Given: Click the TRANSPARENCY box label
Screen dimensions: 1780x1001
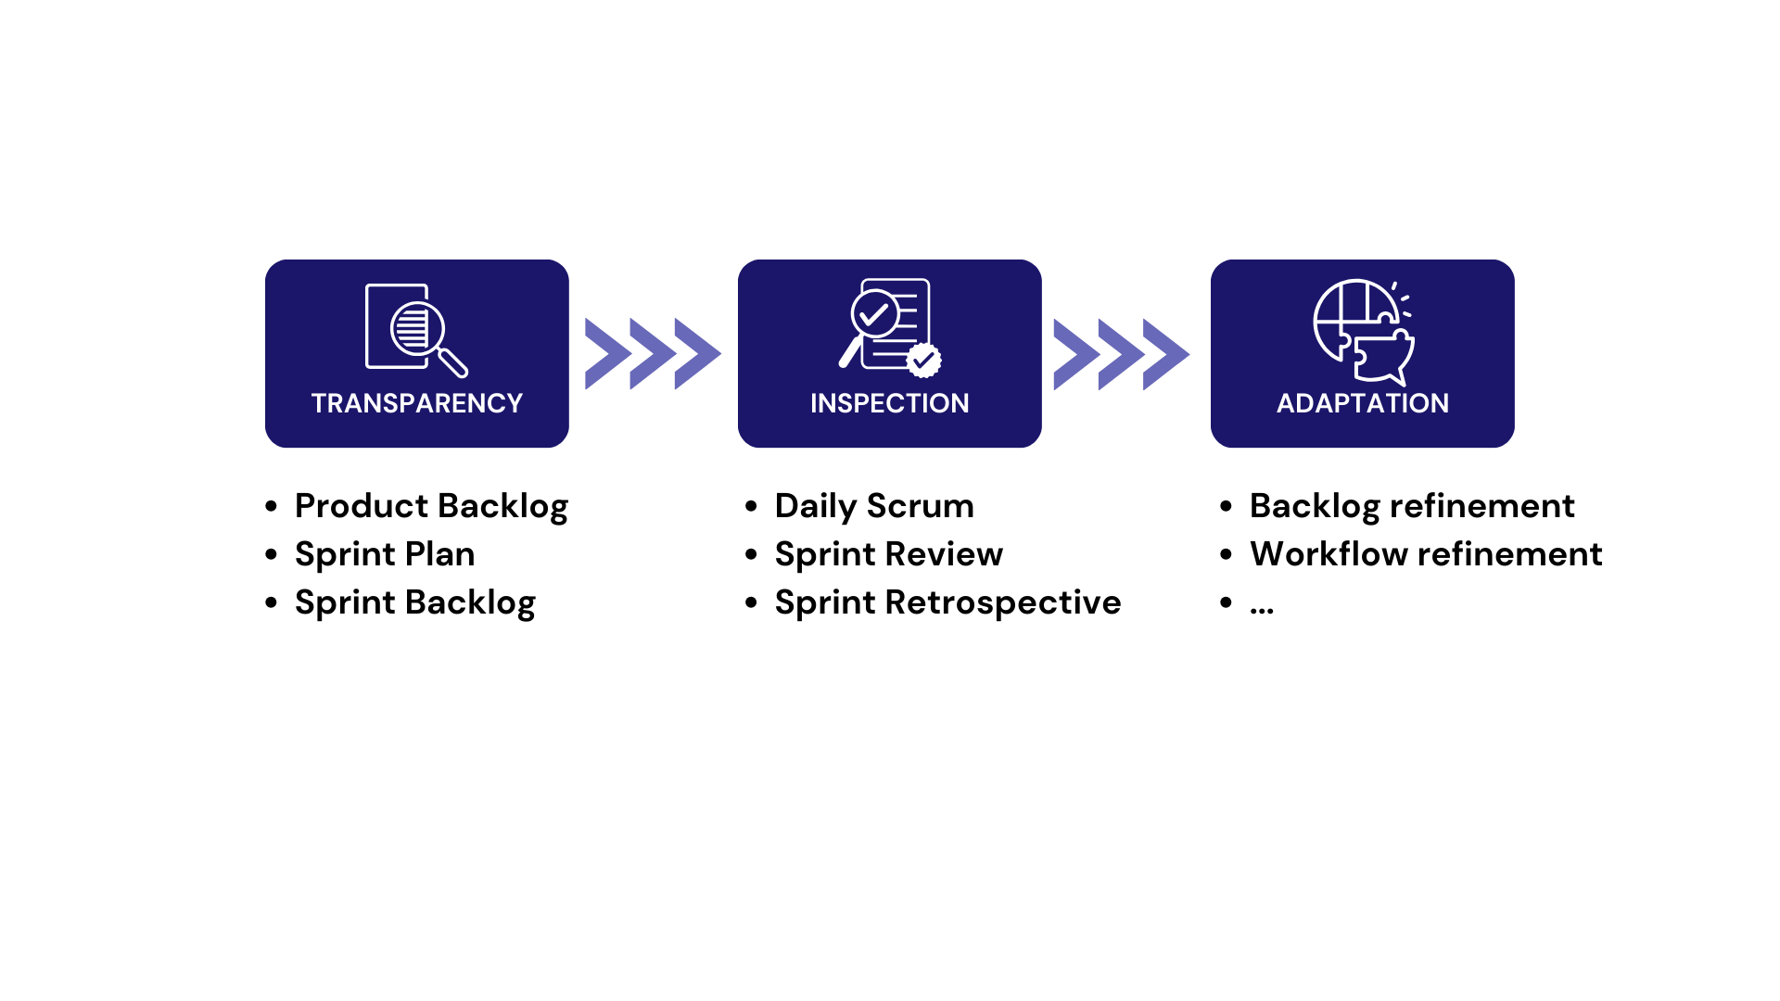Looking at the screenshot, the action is (x=417, y=403).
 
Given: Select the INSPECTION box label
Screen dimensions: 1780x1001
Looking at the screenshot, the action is (x=890, y=403).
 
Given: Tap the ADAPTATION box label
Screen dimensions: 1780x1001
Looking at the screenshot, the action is (x=1363, y=403).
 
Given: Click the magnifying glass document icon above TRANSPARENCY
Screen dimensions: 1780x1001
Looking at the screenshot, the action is (x=416, y=330).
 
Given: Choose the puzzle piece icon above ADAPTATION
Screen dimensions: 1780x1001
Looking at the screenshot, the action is (x=1364, y=332).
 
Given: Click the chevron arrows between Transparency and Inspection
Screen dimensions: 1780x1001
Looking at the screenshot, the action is (x=654, y=354).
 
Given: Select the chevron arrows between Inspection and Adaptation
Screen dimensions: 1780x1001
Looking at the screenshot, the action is (x=1122, y=354).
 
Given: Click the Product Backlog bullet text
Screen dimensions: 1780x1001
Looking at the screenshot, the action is (x=431, y=506).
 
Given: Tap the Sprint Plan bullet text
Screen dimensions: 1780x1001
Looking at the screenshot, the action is (x=385, y=554).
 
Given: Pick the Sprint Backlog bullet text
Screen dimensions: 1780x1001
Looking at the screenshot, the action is (x=415, y=602).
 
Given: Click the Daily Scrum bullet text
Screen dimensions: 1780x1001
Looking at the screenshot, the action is (x=874, y=506).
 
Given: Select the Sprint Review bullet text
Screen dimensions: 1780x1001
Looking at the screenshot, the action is (x=889, y=554).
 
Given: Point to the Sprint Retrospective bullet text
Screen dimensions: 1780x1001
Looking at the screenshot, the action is (x=947, y=602).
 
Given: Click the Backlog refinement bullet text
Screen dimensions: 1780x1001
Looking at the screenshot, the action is (x=1412, y=506).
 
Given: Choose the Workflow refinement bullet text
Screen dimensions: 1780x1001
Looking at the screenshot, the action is (x=1426, y=554).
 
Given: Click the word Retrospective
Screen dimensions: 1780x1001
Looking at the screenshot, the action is (x=1003, y=602).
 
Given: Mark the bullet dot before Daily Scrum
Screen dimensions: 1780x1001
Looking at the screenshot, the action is (x=751, y=506).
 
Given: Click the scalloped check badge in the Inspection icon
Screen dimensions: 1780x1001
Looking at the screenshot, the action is (x=923, y=360).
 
